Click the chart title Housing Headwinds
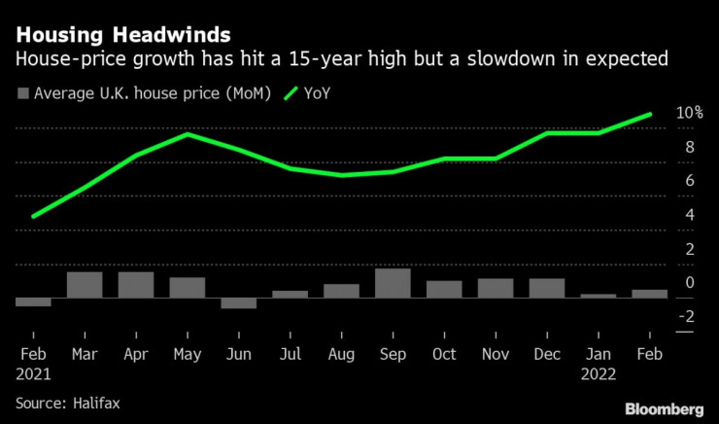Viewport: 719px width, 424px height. [122, 36]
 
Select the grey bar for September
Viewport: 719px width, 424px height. [393, 282]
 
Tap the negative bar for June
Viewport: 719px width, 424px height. [238, 302]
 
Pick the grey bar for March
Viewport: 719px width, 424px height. [85, 284]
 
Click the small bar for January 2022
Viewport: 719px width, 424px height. [598, 295]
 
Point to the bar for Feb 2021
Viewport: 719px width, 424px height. [33, 301]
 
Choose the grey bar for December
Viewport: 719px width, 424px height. [546, 288]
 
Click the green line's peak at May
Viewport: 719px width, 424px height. [188, 134]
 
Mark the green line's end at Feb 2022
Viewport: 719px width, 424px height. [650, 114]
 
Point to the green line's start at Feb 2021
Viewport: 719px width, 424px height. [33, 216]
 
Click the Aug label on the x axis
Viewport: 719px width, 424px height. [341, 354]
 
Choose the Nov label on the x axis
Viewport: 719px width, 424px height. [496, 354]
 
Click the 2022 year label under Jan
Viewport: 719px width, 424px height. [599, 372]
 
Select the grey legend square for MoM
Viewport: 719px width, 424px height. [23, 94]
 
